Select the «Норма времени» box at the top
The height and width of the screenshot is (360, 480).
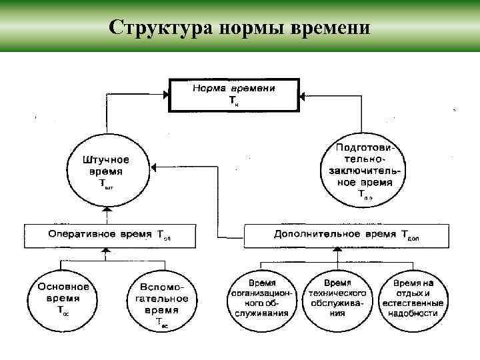click(234, 94)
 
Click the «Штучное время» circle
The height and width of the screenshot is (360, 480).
click(106, 171)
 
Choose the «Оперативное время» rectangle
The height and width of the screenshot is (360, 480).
click(101, 235)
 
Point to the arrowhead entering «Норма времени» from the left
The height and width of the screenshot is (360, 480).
click(167, 94)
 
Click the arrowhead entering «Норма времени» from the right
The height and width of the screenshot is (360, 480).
click(302, 94)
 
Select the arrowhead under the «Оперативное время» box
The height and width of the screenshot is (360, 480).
click(105, 249)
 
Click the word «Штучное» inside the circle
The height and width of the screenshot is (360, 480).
click(106, 160)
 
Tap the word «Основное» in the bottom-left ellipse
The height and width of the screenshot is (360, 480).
click(59, 288)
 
